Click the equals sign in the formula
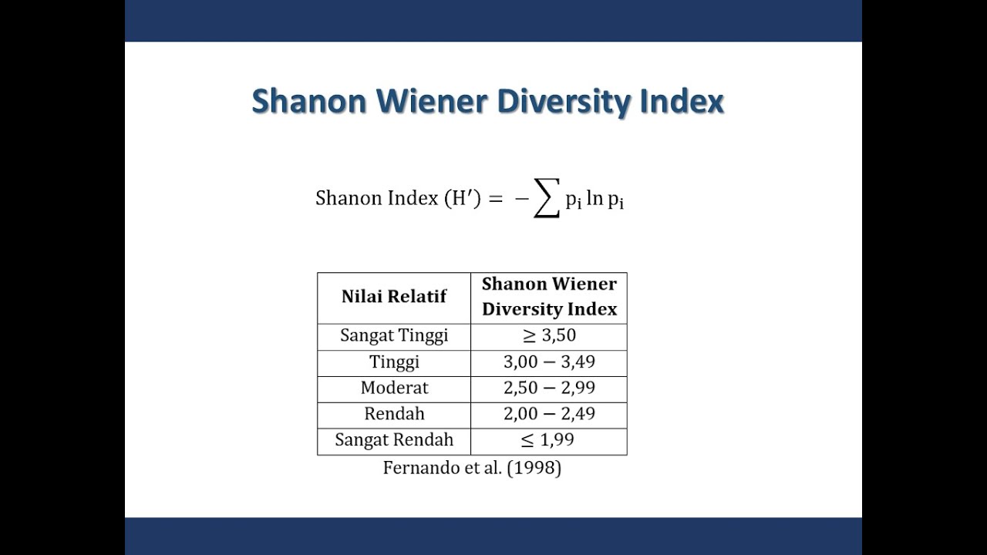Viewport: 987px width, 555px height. coord(495,199)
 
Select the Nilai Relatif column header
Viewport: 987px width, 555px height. coord(394,297)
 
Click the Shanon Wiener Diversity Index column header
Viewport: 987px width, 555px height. coord(549,297)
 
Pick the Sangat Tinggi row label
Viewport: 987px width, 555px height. coord(394,336)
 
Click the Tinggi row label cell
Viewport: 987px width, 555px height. coord(394,362)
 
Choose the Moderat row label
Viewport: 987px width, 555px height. coord(394,388)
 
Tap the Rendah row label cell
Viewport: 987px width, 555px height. coord(394,414)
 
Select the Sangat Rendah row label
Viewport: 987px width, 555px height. coord(394,440)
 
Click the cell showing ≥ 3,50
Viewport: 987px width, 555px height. coord(549,336)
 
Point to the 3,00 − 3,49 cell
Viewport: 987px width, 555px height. coord(549,362)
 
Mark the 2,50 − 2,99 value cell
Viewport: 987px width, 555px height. coord(549,388)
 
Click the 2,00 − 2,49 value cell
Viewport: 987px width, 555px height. coord(549,414)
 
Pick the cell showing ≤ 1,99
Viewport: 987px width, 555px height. coord(549,440)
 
